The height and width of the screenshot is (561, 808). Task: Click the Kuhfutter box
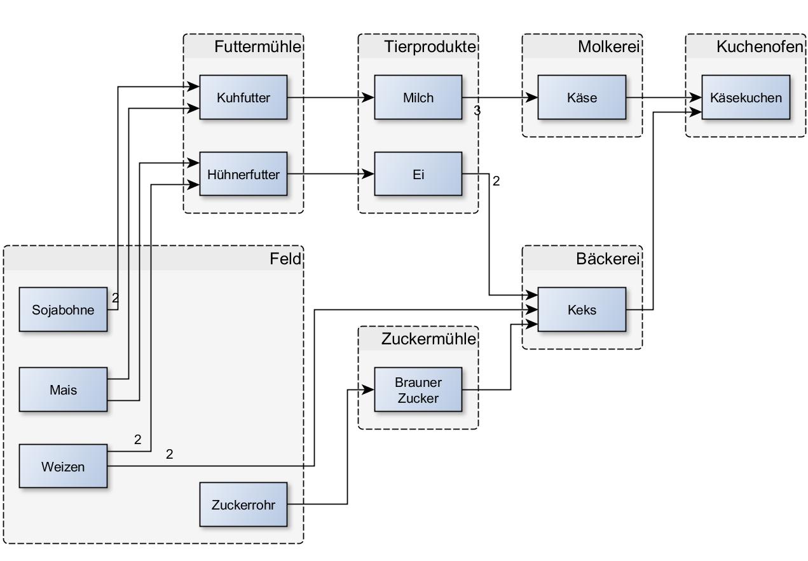point(243,97)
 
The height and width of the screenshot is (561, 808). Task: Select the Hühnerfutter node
point(243,174)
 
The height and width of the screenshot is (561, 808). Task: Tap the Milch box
point(418,97)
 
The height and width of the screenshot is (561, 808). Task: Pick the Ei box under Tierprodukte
point(418,174)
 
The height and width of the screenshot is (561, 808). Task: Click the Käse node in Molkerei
point(582,97)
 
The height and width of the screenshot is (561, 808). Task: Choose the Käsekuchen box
point(746,97)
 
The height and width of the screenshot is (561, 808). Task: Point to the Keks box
point(582,309)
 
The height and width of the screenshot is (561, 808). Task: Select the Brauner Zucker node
point(418,390)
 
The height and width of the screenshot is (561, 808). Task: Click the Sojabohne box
point(63,309)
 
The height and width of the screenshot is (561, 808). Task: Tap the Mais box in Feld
point(63,389)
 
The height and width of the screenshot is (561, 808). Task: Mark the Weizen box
point(63,466)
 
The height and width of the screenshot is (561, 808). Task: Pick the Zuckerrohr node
point(243,504)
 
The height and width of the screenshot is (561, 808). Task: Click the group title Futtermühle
point(257,46)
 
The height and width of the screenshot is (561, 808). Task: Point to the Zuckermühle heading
point(428,339)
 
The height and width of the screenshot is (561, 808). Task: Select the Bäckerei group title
point(608,259)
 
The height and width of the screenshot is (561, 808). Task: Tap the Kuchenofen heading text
point(759,46)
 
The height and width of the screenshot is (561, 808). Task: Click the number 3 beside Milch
point(477,111)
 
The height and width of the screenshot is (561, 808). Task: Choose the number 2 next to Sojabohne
point(115,297)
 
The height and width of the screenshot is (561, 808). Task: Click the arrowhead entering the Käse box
point(533,98)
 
